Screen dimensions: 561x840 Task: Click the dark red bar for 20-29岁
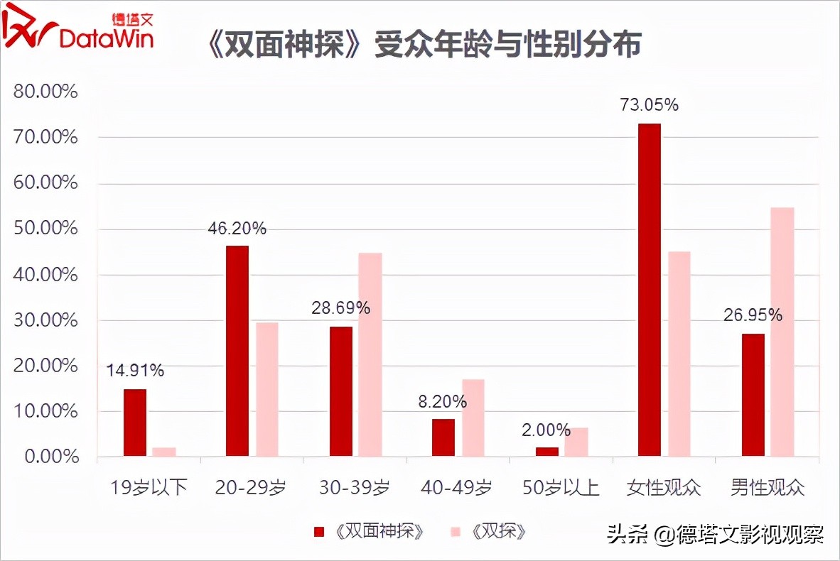click(x=237, y=351)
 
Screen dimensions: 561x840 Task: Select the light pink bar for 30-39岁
click(x=370, y=354)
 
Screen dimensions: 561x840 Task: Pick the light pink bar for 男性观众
click(x=782, y=332)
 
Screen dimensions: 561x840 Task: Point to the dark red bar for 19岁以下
click(x=135, y=423)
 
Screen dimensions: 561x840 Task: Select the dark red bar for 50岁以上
click(x=546, y=452)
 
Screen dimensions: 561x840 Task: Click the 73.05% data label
click(x=650, y=105)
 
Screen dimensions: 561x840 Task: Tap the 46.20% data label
click(x=237, y=228)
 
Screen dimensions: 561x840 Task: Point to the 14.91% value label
click(x=135, y=371)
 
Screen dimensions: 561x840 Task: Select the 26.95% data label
click(x=753, y=315)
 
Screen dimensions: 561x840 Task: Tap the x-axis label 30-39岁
click(x=355, y=488)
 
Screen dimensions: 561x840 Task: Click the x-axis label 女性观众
click(x=663, y=488)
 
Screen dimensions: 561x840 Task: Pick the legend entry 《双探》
click(x=490, y=532)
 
